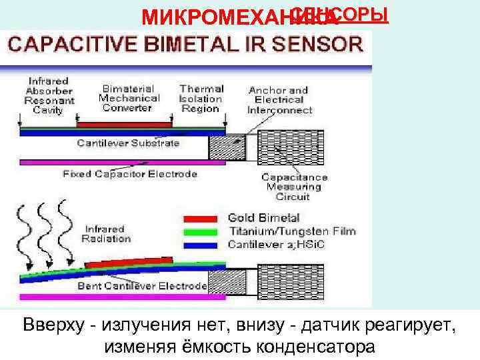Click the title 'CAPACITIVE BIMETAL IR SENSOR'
185,45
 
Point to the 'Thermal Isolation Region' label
200,98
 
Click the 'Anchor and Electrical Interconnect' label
279,100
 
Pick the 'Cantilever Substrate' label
128,143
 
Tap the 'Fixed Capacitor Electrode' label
130,174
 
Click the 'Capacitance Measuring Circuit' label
294,187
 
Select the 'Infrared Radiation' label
106,234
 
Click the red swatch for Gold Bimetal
200,218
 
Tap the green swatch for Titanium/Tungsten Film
200,232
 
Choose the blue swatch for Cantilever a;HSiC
200,245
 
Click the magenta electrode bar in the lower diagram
113,295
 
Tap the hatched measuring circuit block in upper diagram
285,146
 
